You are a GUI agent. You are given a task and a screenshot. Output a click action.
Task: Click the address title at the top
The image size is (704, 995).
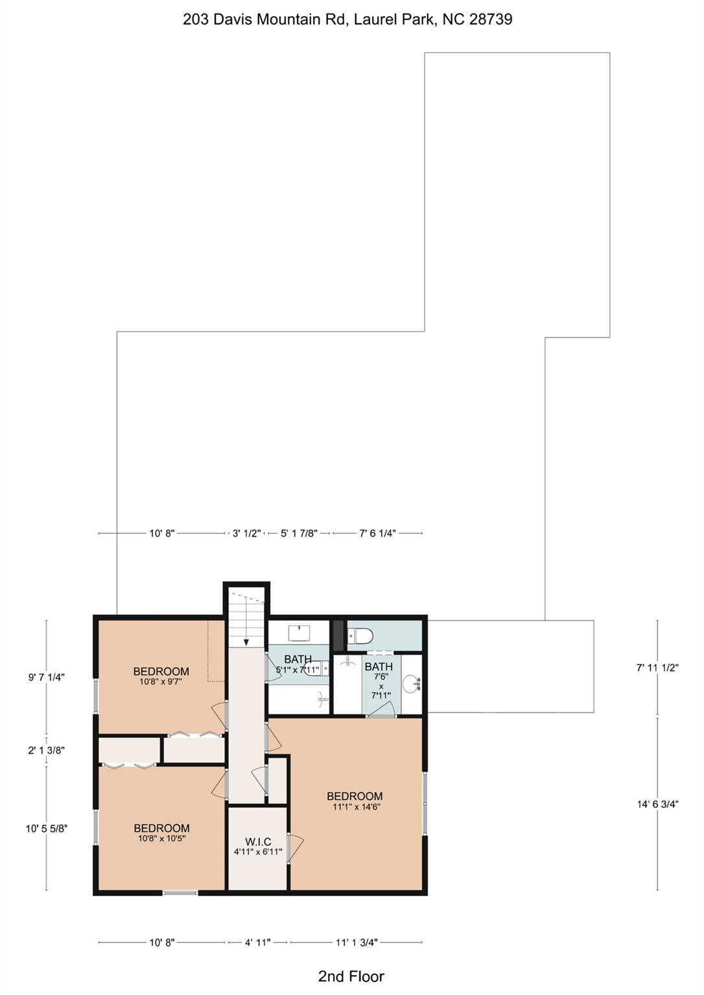(347, 19)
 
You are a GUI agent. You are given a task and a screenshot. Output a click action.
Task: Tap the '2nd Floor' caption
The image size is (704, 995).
(351, 976)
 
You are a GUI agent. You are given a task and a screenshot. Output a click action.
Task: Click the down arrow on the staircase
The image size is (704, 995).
(246, 641)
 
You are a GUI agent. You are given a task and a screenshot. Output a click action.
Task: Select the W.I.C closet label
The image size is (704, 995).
(258, 841)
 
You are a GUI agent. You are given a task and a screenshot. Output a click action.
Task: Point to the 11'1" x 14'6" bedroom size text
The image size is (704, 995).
(356, 807)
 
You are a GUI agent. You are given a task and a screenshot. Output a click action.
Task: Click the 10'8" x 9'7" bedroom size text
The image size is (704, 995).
(161, 681)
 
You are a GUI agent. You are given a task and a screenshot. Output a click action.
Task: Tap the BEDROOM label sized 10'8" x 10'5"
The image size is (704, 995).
(161, 828)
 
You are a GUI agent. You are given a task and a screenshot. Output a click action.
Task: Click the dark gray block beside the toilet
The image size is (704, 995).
(338, 635)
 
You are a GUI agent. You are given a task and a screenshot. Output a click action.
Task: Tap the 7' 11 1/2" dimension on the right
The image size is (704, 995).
(657, 668)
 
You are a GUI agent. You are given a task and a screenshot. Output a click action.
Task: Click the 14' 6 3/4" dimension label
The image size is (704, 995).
(657, 805)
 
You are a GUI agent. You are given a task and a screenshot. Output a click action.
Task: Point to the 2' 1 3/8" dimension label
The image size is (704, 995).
(46, 750)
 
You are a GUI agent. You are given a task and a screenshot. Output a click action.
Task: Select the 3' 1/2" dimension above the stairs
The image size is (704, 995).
(246, 534)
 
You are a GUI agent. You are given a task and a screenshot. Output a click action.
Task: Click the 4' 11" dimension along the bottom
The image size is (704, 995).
(257, 943)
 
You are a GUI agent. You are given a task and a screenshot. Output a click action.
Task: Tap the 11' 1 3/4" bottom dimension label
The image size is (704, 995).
(356, 943)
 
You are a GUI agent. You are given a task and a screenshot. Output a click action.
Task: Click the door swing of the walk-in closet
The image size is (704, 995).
(295, 847)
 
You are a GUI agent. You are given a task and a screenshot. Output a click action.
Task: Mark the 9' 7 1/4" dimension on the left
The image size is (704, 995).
(46, 678)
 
